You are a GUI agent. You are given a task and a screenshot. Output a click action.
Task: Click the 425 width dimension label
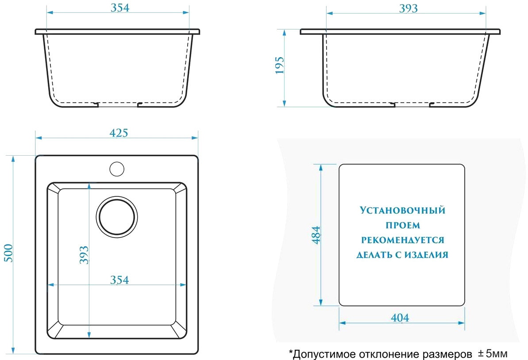119,133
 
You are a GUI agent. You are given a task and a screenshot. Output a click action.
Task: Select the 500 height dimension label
8,253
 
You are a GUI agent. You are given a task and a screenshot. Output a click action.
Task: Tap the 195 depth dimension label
280,65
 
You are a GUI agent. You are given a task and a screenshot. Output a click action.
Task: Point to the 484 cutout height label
316,235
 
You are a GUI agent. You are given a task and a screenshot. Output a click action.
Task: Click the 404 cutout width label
400,318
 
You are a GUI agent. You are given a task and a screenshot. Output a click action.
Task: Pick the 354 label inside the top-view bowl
119,280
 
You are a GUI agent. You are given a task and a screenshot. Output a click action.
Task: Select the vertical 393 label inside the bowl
84,255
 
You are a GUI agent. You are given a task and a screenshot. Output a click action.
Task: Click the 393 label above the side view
409,8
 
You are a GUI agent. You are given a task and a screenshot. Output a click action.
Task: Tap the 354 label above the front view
120,8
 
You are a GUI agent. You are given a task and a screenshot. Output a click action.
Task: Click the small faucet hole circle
117,169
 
